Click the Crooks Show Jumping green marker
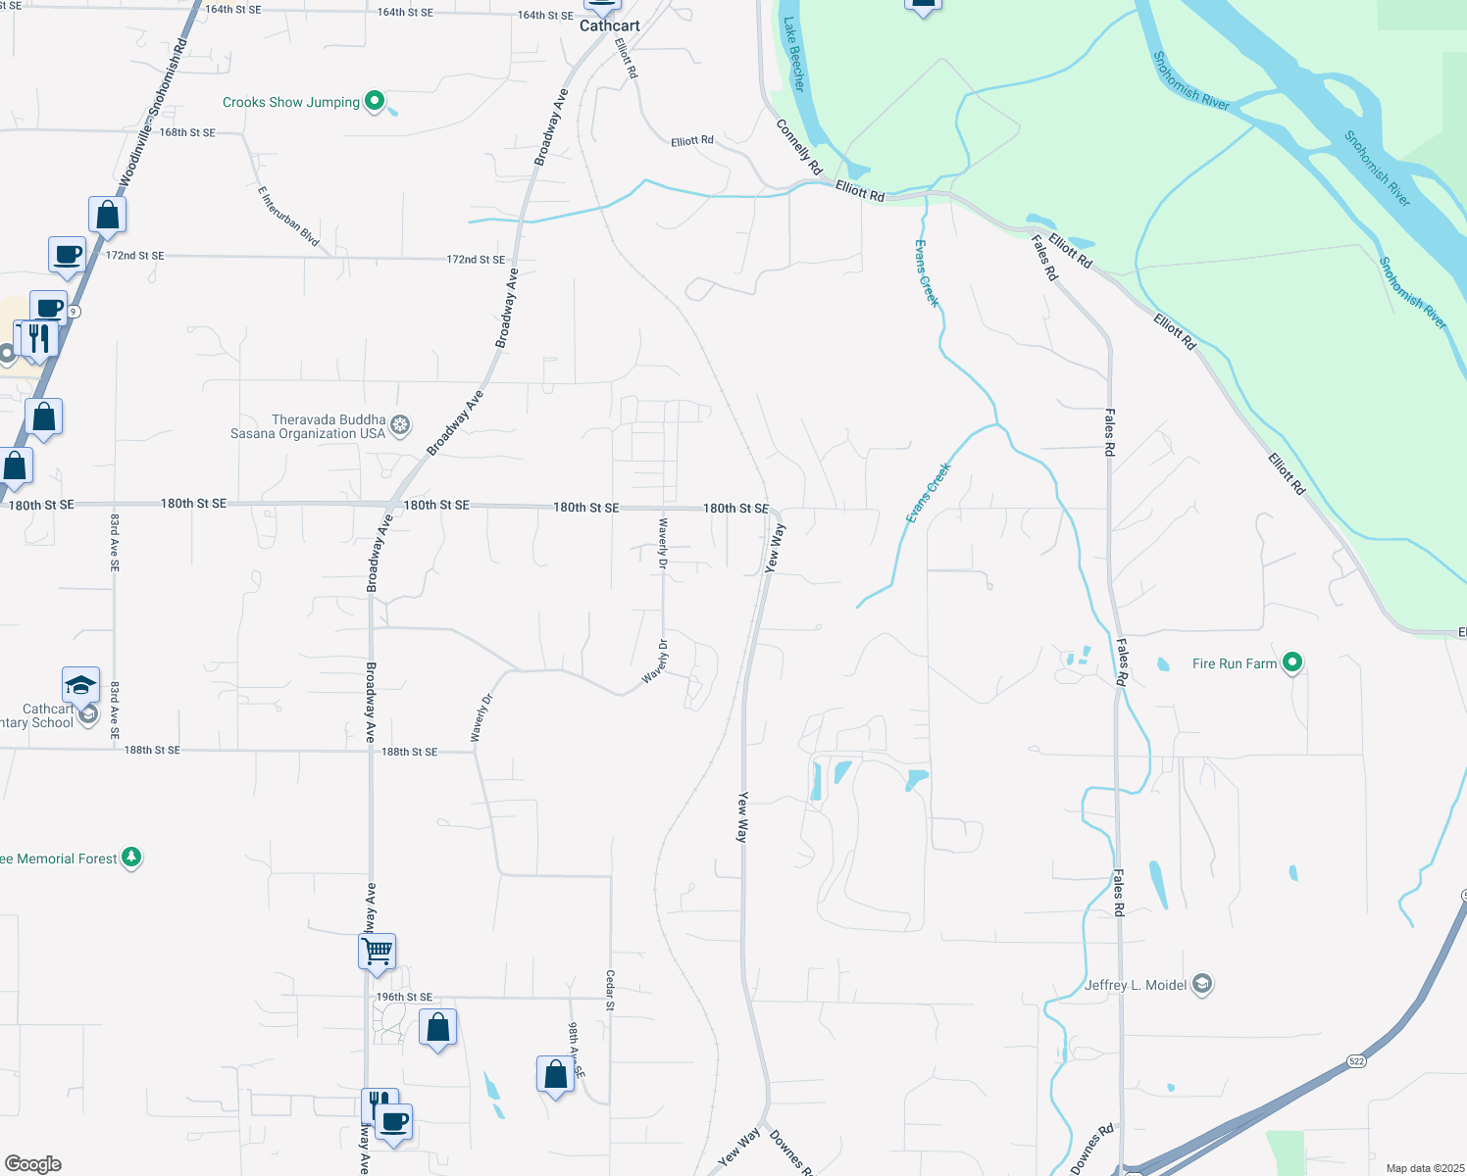pos(374,101)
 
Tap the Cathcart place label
pos(609,25)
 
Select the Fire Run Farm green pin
pos(1292,663)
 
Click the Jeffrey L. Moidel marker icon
pos(1202,985)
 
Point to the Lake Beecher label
pos(794,55)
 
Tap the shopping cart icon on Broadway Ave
pos(378,951)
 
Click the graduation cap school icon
pos(80,685)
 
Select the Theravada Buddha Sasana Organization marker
pos(399,425)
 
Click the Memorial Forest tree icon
pos(131,857)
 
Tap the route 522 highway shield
pos(1356,1060)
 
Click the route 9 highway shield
pos(75,312)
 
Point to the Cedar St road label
pos(610,990)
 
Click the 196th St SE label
pos(404,997)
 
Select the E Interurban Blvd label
pos(288,216)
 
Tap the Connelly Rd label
pos(798,147)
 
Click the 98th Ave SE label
pos(576,1050)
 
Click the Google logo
pos(32,1164)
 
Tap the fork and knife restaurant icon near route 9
pos(39,339)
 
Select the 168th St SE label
pos(187,132)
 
